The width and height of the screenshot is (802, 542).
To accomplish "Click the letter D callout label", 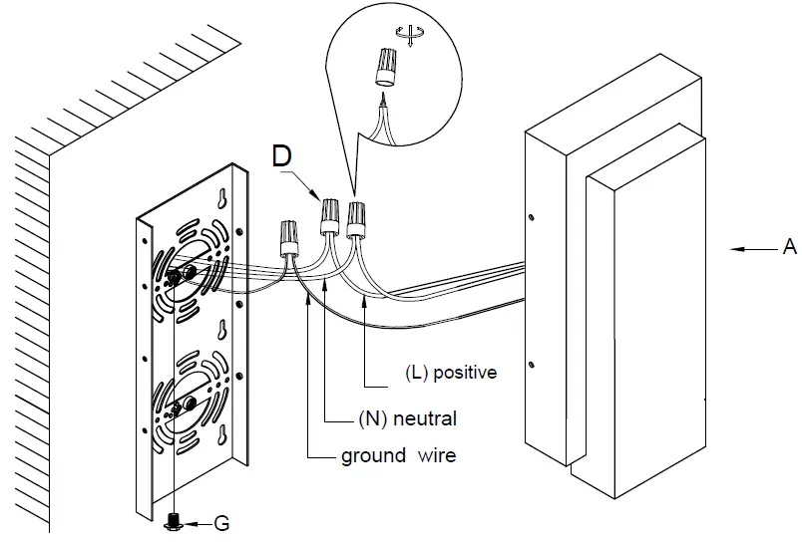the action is (282, 155).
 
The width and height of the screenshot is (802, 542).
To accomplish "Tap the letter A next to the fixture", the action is (790, 247).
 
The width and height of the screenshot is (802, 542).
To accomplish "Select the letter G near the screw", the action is (221, 524).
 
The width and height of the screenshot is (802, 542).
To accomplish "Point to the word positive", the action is (465, 373).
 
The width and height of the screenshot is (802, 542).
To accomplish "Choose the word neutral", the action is (425, 418).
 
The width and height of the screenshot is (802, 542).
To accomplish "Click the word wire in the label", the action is (436, 455).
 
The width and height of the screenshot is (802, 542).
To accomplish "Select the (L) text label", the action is (416, 373).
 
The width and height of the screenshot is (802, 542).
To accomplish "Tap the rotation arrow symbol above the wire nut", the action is (409, 35).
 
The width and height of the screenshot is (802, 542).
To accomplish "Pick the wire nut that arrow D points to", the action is (330, 217).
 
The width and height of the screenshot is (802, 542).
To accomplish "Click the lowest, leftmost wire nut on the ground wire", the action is (289, 237).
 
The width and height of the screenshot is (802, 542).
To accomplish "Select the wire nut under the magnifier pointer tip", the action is (356, 220).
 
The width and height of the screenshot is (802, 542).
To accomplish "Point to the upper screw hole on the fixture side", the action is (532, 217).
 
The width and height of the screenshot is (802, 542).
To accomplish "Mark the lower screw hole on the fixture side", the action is (532, 366).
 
